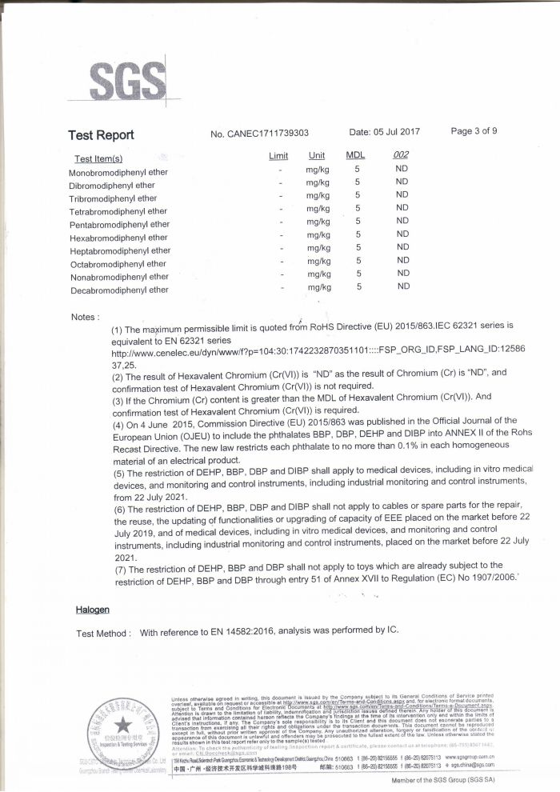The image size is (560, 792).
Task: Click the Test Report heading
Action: pos(101,135)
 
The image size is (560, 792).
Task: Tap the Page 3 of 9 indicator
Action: pos(474,131)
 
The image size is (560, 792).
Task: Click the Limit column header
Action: pos(278,155)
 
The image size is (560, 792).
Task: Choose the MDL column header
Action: pos(355,155)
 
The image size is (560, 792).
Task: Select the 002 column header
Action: pos(402,155)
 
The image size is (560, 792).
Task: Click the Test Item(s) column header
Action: pos(98,159)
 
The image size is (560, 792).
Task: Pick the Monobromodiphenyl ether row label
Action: pos(118,173)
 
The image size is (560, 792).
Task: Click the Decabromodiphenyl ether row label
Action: pos(119,290)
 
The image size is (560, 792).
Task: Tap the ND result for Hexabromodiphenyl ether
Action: pos(402,234)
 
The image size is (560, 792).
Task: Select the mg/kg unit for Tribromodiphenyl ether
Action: pos(318,195)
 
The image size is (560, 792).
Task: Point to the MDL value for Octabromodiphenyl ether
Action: pos(359,260)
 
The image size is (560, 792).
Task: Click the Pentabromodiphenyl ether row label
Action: pos(120,225)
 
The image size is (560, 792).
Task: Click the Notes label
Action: pos(85,318)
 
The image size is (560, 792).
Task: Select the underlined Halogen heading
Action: pos(93,610)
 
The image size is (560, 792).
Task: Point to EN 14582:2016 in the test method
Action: pos(245,632)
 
